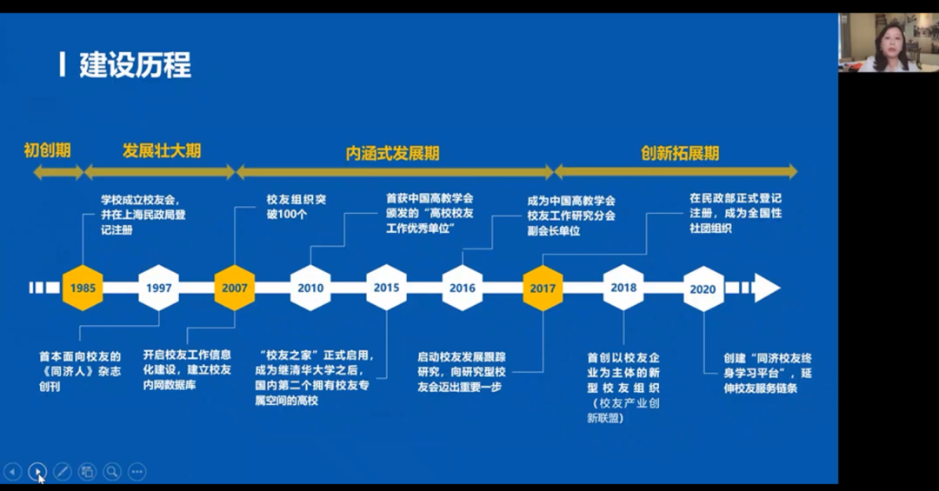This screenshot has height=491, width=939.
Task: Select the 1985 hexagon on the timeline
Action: coord(83,288)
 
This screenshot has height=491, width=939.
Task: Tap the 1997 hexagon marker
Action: coord(159,288)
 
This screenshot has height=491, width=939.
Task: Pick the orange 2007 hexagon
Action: coord(235,288)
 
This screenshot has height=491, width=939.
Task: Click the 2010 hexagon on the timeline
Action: coord(310,288)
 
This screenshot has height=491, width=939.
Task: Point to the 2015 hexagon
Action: coord(386,288)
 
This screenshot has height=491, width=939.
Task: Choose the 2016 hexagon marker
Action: coord(462,288)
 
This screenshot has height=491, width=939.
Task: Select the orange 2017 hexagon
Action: coord(543,288)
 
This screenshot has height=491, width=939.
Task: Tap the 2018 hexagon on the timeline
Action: coord(623,288)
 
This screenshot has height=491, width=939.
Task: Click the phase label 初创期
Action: coord(47,150)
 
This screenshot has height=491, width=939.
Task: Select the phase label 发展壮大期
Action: coord(162,151)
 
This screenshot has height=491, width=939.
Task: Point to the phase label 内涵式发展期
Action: coord(393,153)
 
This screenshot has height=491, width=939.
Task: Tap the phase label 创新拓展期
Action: coord(680,153)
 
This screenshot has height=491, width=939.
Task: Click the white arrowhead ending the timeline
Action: coord(767,288)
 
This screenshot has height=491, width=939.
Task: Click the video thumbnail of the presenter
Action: coord(888,42)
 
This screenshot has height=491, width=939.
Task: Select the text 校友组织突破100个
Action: coord(296,207)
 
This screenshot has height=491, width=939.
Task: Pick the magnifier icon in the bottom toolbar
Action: coord(112,472)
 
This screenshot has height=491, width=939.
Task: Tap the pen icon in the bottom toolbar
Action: coord(62,472)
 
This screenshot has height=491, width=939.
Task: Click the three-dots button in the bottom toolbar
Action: coord(137,472)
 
